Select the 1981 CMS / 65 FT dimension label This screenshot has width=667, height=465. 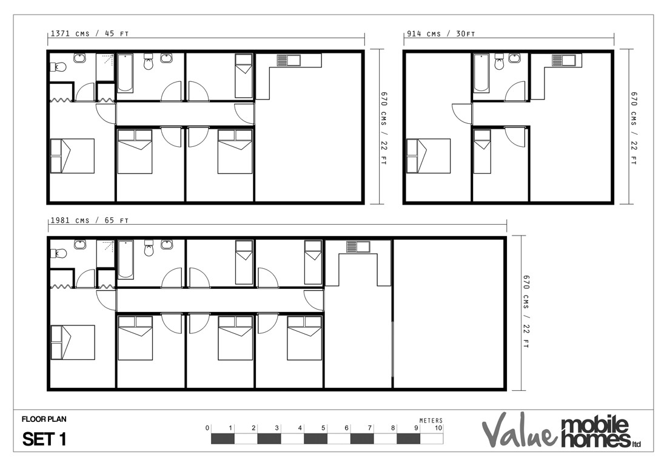pyautogui.click(x=89, y=220)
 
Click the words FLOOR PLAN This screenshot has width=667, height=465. pyautogui.click(x=44, y=419)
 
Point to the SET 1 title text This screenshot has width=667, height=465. pyautogui.click(x=44, y=440)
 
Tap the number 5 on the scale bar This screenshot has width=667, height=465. pyautogui.click(x=323, y=428)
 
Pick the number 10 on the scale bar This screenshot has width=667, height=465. pyautogui.click(x=438, y=428)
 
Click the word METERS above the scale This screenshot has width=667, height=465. pyautogui.click(x=431, y=420)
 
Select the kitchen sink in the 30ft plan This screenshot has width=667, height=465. pyautogui.click(x=566, y=59)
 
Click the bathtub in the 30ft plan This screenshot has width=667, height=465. pyautogui.click(x=481, y=73)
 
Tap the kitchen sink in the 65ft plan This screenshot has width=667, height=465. pyautogui.click(x=358, y=246)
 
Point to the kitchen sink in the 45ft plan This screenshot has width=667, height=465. pyautogui.click(x=289, y=59)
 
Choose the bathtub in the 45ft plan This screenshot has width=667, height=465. pyautogui.click(x=126, y=73)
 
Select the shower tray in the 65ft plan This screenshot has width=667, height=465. pyautogui.click(x=106, y=253)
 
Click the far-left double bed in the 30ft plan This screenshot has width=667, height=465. pyautogui.click(x=428, y=156)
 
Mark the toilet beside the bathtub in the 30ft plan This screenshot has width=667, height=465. pyautogui.click(x=500, y=61)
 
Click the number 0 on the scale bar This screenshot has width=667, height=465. pyautogui.click(x=207, y=428)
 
